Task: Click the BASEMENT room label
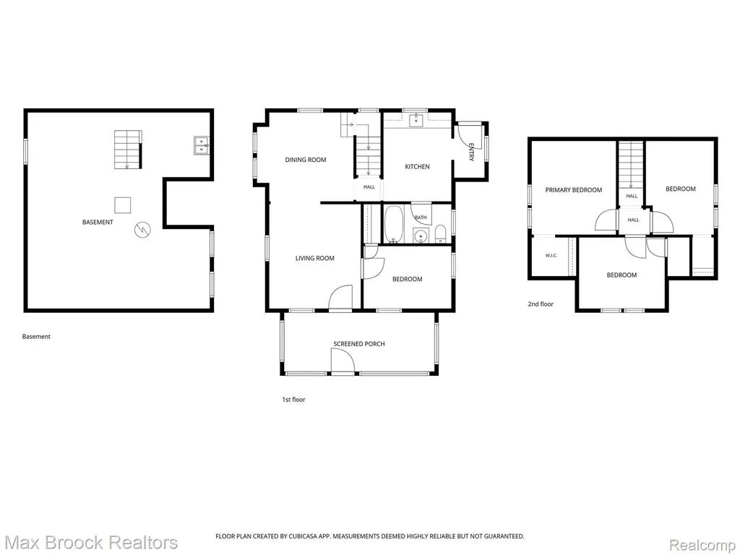pyautogui.click(x=98, y=223)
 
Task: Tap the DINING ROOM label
pyautogui.click(x=306, y=160)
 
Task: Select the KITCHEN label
pyautogui.click(x=417, y=167)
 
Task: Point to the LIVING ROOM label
pyautogui.click(x=315, y=258)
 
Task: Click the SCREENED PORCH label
pyautogui.click(x=359, y=344)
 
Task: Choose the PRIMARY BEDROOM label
pyautogui.click(x=573, y=190)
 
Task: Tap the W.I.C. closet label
pyautogui.click(x=551, y=256)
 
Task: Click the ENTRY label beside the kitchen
pyautogui.click(x=471, y=152)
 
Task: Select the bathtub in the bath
pyautogui.click(x=393, y=223)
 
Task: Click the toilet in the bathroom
pyautogui.click(x=440, y=234)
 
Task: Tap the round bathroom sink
pyautogui.click(x=420, y=235)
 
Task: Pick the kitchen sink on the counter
pyautogui.click(x=416, y=121)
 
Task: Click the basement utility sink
pyautogui.click(x=201, y=145)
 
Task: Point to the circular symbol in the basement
pyautogui.click(x=142, y=230)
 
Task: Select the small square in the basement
pyautogui.click(x=123, y=205)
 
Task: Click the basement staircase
pyautogui.click(x=128, y=150)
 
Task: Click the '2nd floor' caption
pyautogui.click(x=541, y=304)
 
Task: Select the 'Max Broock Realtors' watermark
pyautogui.click(x=89, y=543)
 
